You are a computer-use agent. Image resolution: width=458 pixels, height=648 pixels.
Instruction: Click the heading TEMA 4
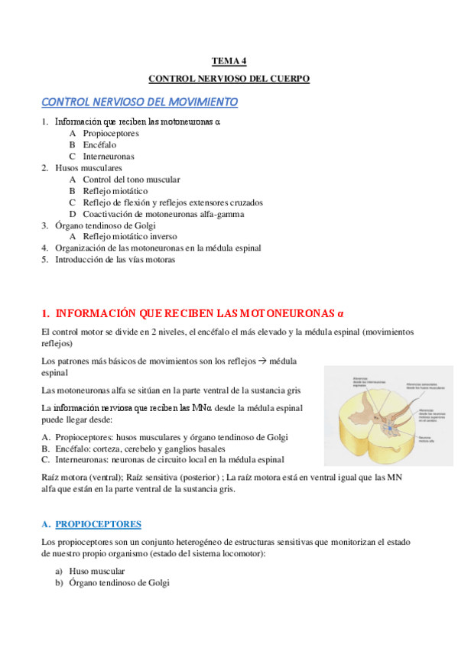tap(229, 60)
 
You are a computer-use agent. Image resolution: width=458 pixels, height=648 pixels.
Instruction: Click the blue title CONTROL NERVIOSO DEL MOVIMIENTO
tap(139, 102)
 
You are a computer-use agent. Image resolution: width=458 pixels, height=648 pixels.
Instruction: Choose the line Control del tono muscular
tap(132, 180)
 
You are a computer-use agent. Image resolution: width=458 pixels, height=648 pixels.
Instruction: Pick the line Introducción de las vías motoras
tap(115, 260)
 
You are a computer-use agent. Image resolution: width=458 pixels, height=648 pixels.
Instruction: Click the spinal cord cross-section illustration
tap(388, 416)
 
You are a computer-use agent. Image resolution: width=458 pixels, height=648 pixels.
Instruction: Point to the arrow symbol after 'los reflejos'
tap(263, 361)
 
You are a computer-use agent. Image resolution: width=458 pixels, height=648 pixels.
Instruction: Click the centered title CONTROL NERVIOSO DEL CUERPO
tap(229, 78)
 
